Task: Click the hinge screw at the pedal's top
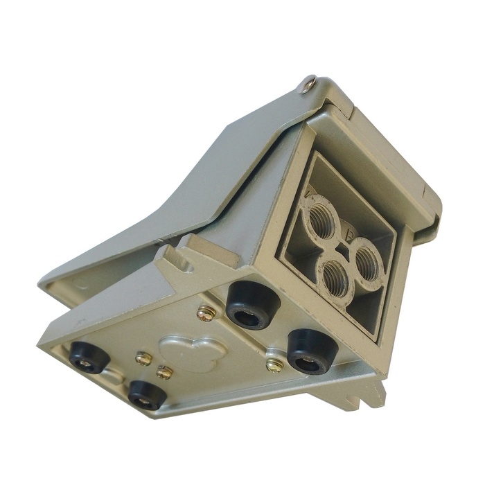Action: coord(308,86)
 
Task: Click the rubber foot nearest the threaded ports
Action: coord(249,306)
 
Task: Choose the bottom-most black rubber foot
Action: coord(147,394)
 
